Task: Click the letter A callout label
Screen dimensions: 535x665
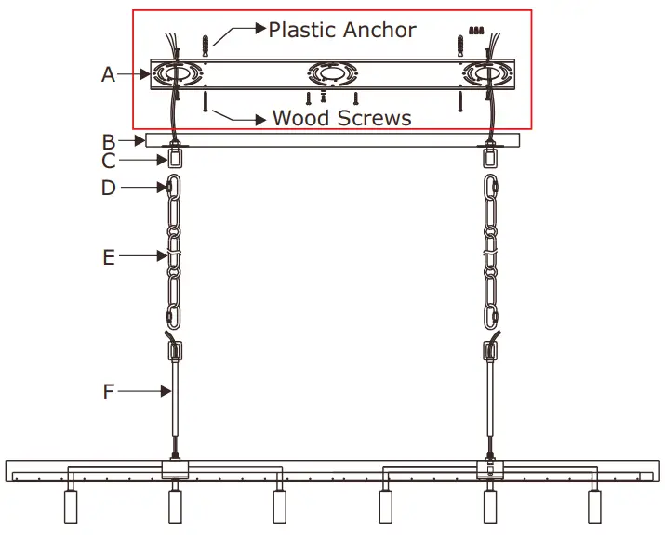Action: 109,74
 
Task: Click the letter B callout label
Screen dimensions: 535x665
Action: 109,141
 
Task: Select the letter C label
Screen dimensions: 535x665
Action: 109,162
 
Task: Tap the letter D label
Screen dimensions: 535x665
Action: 109,189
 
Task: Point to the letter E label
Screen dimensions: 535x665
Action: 109,257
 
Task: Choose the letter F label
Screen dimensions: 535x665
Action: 109,392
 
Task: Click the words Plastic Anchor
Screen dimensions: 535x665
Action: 342,30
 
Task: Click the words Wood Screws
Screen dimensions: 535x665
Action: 341,118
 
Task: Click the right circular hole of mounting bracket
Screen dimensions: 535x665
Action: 486,73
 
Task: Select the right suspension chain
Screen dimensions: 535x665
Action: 491,251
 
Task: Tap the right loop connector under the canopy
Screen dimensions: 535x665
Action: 490,158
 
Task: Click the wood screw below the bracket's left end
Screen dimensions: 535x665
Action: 204,99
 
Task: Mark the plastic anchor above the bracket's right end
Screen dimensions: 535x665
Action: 459,44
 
